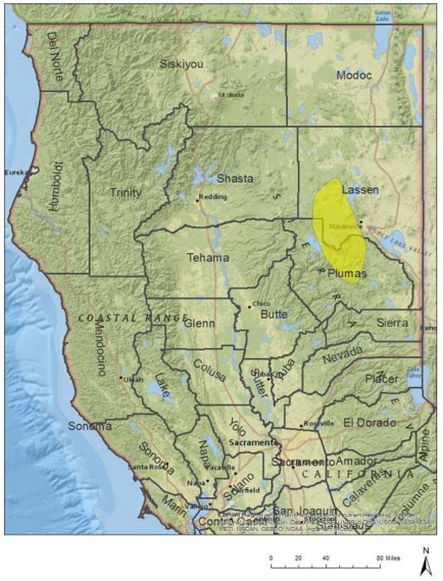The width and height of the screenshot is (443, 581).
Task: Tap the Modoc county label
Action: (x=355, y=76)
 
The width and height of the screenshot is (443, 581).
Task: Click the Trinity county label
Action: (x=126, y=193)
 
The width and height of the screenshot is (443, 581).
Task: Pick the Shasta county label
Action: (x=235, y=178)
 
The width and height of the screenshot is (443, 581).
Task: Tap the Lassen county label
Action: (x=360, y=190)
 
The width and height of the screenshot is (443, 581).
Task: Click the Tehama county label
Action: (x=207, y=257)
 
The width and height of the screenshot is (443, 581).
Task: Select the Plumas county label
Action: (x=346, y=272)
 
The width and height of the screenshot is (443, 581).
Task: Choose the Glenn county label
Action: (x=199, y=323)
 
